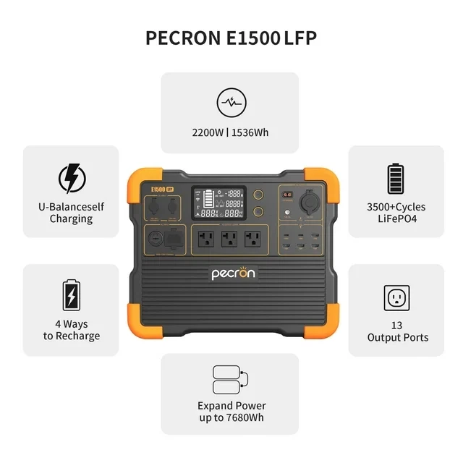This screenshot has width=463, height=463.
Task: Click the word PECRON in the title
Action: point(179,38)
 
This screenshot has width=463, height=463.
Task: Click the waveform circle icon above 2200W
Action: point(231,103)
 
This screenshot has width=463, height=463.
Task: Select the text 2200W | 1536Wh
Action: point(231,133)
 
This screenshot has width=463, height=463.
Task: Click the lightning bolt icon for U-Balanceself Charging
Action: point(71,177)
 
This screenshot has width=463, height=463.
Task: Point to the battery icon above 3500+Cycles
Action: point(396,178)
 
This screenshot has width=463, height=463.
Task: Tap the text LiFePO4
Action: point(396,218)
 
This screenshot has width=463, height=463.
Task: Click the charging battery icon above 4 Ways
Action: point(71,296)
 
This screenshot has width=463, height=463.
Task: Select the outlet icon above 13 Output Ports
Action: point(396,297)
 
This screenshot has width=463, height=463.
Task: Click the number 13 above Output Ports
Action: point(396,326)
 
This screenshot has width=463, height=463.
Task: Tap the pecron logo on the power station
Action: point(234,274)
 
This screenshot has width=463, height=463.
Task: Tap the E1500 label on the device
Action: point(158,189)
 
